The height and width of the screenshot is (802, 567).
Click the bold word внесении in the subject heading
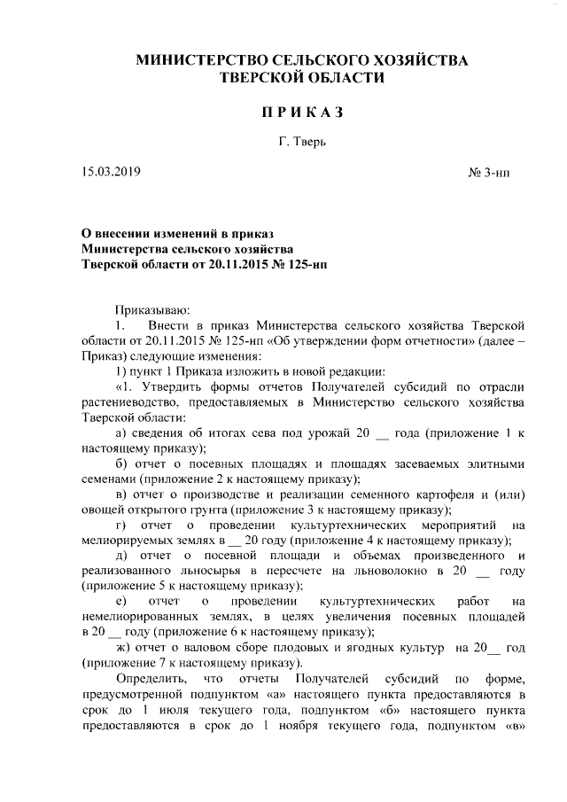121,233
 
